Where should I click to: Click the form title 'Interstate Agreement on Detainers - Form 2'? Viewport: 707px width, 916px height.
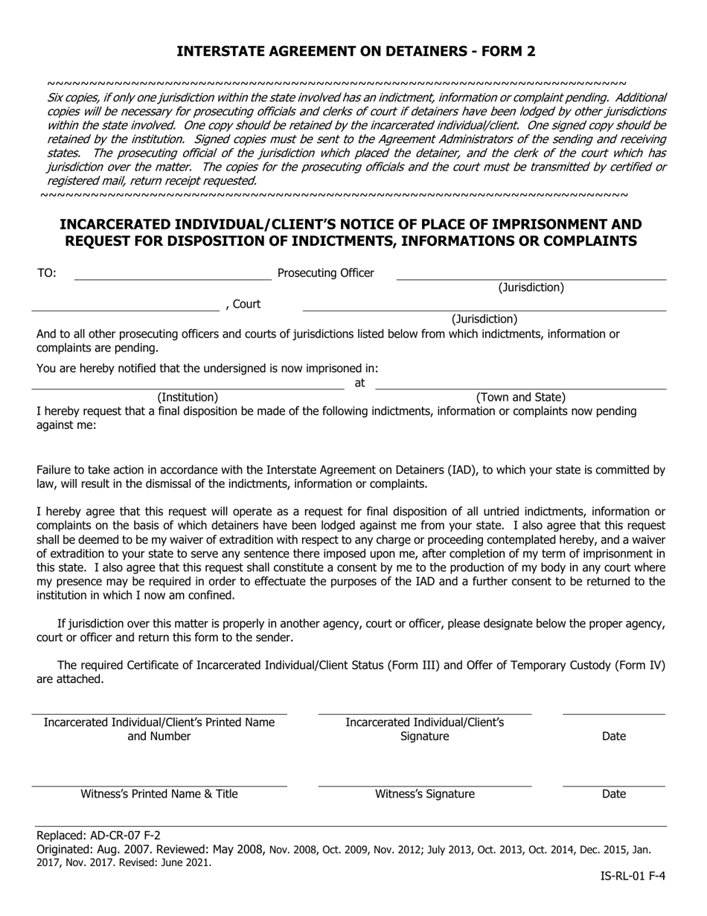(355, 51)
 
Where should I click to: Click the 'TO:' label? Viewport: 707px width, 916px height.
(46, 273)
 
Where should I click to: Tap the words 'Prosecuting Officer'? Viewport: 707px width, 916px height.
(325, 273)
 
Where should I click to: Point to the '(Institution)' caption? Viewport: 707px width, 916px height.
(188, 398)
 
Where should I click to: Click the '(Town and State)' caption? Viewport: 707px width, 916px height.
(520, 398)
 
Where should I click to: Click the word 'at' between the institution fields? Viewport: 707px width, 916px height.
(359, 383)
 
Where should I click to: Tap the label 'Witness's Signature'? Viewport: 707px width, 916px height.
(424, 794)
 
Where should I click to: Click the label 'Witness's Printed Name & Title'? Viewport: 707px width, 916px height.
(159, 794)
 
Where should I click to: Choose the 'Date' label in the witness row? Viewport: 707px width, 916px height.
(613, 794)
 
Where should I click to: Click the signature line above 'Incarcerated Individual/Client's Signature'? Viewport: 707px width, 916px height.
(424, 713)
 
